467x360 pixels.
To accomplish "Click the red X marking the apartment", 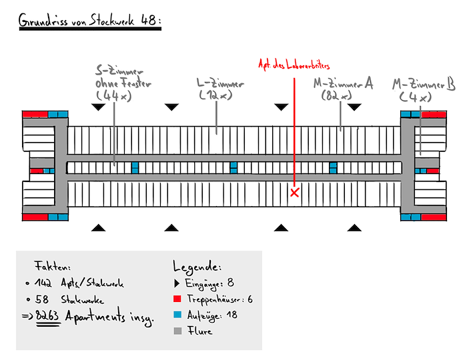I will tap(295, 193).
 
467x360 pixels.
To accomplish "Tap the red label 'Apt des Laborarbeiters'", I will tap(294, 65).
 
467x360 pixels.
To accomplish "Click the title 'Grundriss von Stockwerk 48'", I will tap(89, 21).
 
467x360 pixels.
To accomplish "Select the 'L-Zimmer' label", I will tap(220, 85).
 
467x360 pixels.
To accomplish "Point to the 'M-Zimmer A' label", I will tap(343, 85).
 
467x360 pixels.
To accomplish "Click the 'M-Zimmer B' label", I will tap(424, 85).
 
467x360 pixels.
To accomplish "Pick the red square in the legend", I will tap(177, 299).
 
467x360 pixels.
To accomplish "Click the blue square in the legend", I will tap(177, 315).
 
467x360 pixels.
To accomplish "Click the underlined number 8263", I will tap(47, 317).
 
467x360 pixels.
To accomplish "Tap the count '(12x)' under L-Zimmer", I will tap(215, 96).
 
